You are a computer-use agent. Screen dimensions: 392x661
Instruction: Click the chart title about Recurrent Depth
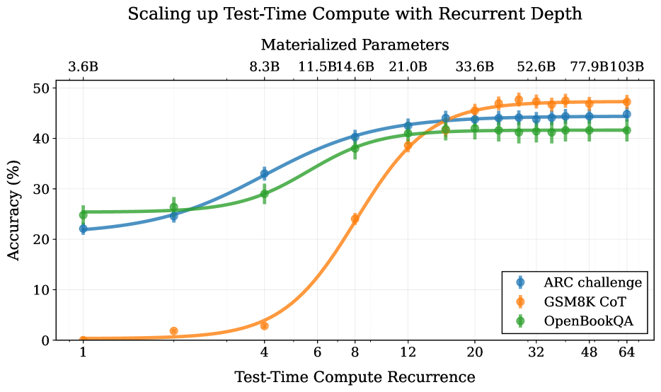click(355, 14)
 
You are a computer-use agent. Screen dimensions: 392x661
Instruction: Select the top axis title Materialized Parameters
click(355, 45)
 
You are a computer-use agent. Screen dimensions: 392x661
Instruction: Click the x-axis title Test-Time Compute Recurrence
click(355, 376)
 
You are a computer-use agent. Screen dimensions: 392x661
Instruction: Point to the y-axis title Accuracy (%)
click(14, 214)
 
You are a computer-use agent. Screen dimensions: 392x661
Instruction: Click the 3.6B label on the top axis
click(83, 67)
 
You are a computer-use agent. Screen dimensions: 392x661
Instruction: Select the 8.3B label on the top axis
click(264, 67)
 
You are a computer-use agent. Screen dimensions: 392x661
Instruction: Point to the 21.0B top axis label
click(408, 67)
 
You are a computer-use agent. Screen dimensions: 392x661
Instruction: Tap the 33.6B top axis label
click(474, 67)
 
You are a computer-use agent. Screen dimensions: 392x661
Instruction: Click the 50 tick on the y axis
click(42, 88)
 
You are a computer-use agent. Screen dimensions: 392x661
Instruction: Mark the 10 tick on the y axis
click(42, 290)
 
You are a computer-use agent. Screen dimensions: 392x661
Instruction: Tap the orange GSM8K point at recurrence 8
click(355, 219)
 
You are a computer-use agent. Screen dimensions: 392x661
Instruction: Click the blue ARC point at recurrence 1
click(83, 229)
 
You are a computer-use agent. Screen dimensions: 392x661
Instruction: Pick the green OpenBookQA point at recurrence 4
click(264, 194)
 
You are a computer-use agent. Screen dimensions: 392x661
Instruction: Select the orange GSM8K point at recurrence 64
click(626, 102)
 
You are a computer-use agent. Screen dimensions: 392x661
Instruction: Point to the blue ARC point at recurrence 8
click(355, 136)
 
